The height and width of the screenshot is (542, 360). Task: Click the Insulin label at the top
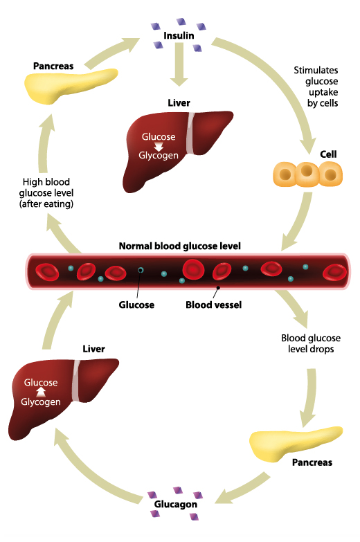pos(179,35)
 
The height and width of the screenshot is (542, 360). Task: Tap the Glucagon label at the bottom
pos(176,505)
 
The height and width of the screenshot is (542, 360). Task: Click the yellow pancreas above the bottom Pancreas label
pos(296,444)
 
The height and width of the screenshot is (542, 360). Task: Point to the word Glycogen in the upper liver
pos(159,156)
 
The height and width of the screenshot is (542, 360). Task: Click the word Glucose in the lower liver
pos(41,383)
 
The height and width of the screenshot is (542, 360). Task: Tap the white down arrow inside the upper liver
pos(159,146)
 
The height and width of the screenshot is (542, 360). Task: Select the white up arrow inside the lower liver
pos(41,392)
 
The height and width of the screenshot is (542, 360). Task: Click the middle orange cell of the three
pos(307,174)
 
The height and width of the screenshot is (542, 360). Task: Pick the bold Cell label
pos(328,154)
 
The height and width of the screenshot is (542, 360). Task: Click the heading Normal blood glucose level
pos(180,246)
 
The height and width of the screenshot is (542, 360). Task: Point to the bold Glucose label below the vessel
pos(136,305)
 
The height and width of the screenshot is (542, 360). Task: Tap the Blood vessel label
pos(214,305)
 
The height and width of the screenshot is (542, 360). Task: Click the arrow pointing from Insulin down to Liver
pos(179,65)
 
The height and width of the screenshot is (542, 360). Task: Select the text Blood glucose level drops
pos(311,343)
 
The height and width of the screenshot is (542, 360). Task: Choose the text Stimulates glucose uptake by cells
pos(316,87)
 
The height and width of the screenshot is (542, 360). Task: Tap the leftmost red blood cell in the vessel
pos(47,271)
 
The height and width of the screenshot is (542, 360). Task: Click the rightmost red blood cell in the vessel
pos(335,271)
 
